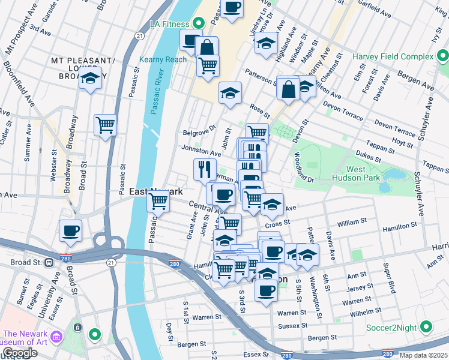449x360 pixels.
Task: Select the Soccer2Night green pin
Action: tap(426, 327)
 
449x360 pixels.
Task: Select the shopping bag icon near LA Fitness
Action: tap(206, 47)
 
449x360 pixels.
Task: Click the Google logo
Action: tap(20, 353)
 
